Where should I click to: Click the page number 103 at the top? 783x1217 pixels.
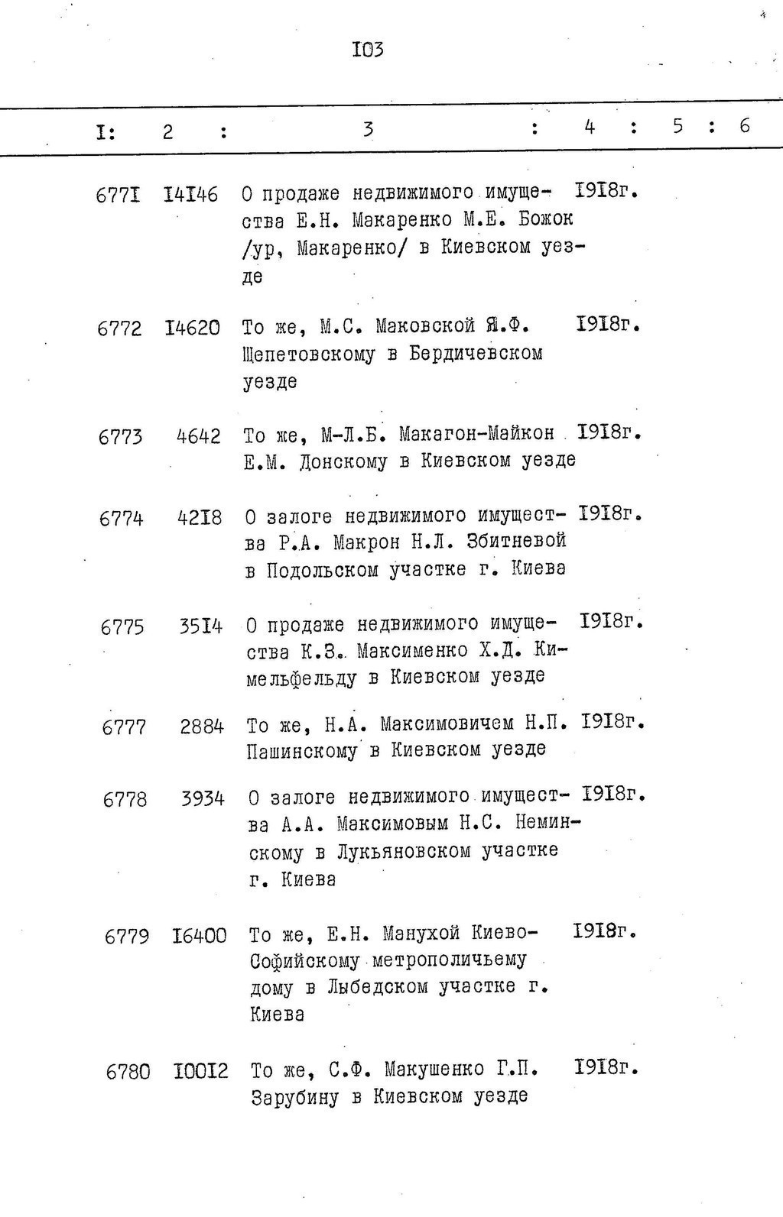coord(367,50)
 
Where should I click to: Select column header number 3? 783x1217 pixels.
coord(368,129)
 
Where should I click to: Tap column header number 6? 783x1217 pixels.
coord(744,126)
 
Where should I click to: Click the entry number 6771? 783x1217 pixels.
coord(118,196)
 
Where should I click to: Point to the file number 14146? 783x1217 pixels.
coord(190,195)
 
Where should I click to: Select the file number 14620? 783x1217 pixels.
coord(192,329)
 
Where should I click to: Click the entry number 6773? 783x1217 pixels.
coord(120,437)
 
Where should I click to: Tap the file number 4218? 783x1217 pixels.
coord(200,518)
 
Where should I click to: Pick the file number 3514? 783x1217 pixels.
coord(201,626)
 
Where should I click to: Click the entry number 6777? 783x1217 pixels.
coord(124,727)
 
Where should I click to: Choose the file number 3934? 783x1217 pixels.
coord(203,799)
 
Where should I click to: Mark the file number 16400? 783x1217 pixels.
coord(200,936)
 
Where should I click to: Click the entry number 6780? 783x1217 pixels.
coord(128,1072)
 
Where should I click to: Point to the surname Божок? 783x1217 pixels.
coord(545,219)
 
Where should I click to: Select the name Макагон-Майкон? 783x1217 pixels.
coord(476,434)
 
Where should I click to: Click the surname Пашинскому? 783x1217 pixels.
coord(302,751)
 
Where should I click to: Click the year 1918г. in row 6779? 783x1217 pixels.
coord(605,931)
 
